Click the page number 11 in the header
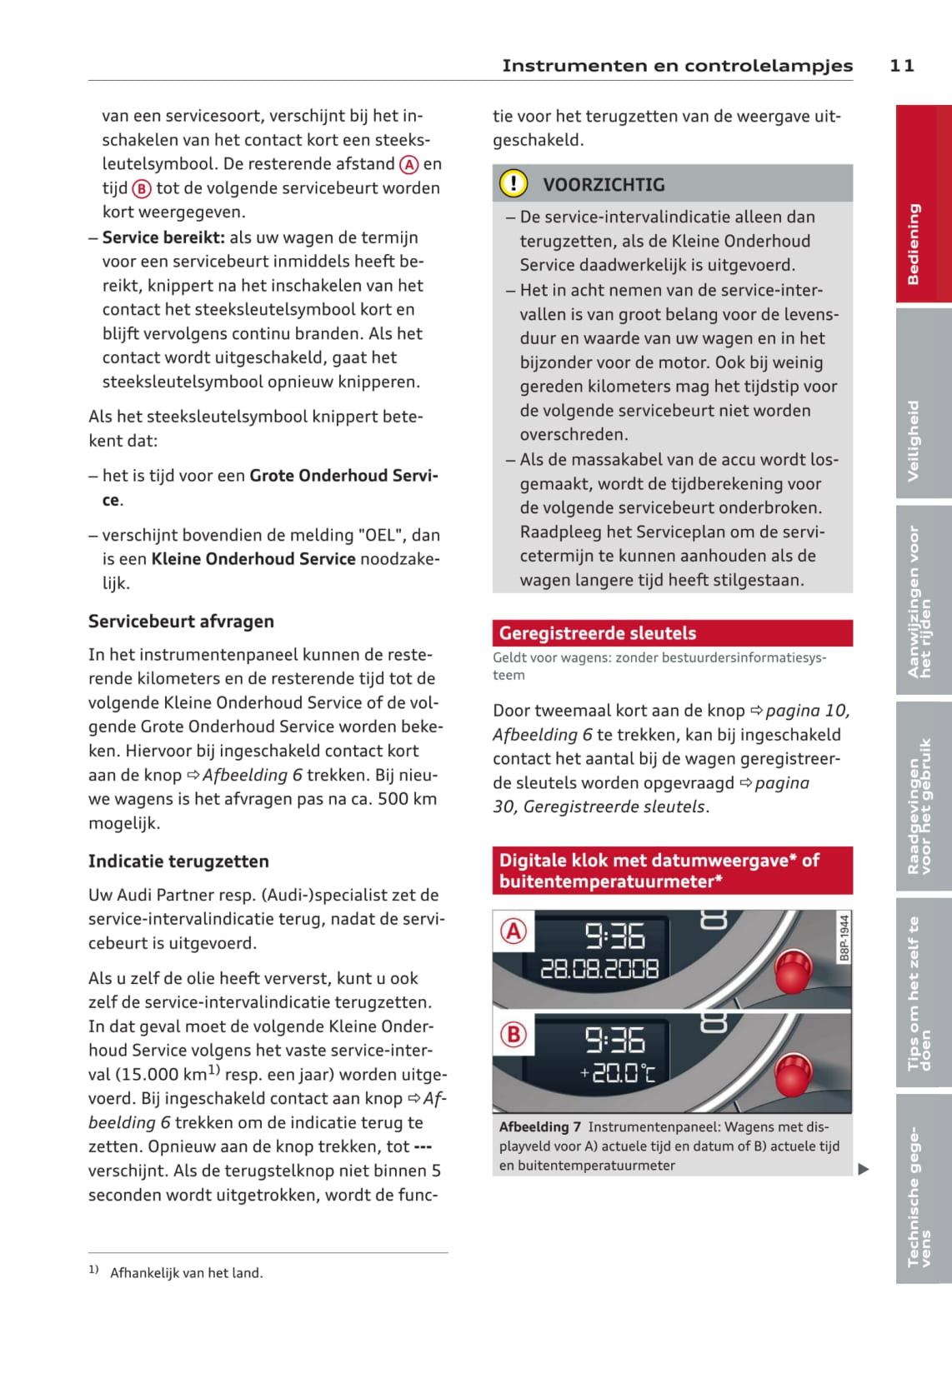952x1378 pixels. (902, 66)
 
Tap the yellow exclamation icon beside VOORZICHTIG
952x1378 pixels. (514, 183)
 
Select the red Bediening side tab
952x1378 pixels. (923, 204)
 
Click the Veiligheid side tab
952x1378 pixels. (923, 404)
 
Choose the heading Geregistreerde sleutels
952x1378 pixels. (597, 633)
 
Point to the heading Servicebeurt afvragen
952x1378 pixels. (181, 622)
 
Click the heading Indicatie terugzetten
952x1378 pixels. (178, 861)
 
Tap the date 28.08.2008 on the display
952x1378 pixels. (599, 969)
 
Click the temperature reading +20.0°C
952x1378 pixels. (618, 1072)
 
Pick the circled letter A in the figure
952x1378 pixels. (514, 931)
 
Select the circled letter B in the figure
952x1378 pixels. (514, 1035)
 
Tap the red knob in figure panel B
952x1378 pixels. (793, 1075)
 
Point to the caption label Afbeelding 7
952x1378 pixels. (539, 1127)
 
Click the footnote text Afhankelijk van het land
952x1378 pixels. (186, 1273)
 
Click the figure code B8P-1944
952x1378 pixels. (844, 938)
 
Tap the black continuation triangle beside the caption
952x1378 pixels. (864, 1169)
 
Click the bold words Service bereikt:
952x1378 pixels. (163, 237)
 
